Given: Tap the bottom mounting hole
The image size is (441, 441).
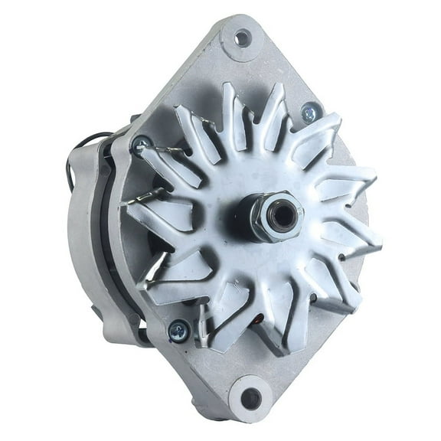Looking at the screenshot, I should tap(251, 399).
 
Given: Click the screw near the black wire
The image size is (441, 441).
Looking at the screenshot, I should tap(142, 143).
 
